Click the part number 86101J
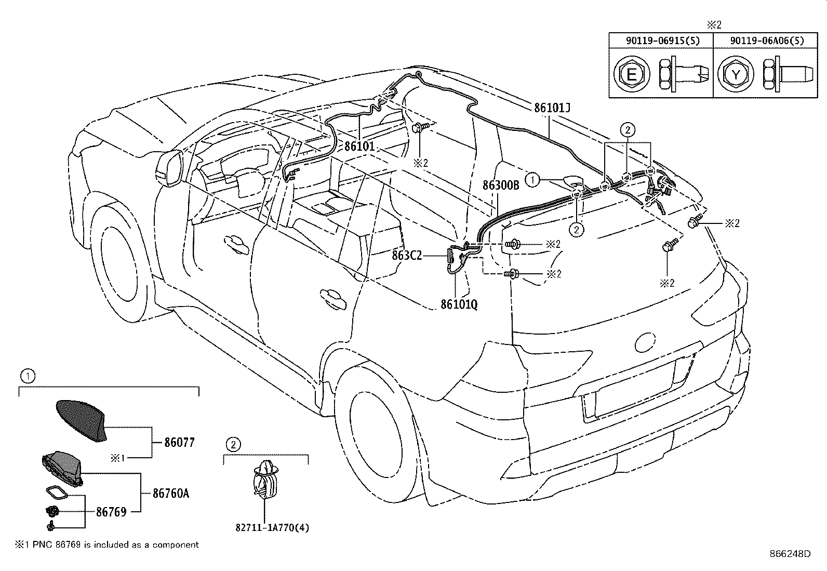pos(552,109)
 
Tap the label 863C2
pos(407,256)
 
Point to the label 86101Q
pos(459,304)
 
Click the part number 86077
pos(179,443)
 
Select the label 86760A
pos(171,493)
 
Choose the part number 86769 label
pos(111,512)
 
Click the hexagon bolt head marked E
pos(631,75)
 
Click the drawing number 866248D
pos(790,554)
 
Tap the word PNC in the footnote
pos(39,545)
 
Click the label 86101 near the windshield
pos(359,146)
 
